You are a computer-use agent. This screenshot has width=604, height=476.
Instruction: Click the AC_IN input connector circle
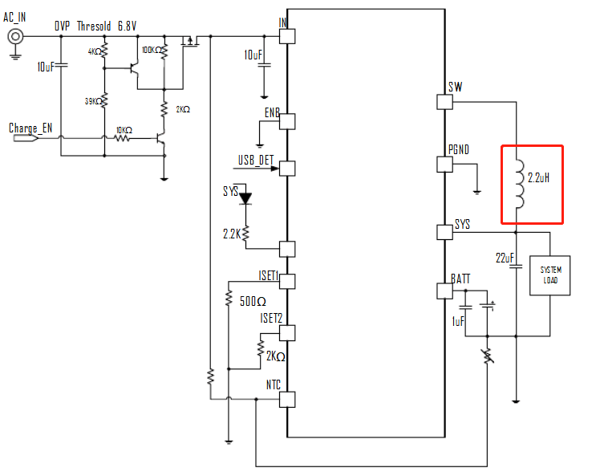[x=14, y=36]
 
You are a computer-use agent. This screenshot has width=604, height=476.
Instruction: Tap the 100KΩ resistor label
[x=152, y=50]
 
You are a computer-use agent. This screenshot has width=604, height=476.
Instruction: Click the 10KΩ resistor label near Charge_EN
[x=124, y=129]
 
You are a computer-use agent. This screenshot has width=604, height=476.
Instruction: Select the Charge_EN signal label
[x=30, y=128]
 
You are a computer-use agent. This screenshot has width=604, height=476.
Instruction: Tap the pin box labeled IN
[x=287, y=36]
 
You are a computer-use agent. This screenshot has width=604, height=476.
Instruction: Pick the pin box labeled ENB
[x=287, y=120]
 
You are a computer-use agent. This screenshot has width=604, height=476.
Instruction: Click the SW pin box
[x=444, y=102]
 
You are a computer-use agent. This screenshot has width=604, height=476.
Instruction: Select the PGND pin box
[x=444, y=165]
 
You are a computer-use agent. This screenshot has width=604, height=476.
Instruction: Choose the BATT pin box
[x=444, y=290]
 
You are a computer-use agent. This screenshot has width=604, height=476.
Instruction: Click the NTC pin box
[x=287, y=399]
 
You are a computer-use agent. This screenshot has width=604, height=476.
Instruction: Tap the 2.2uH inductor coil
[x=519, y=184]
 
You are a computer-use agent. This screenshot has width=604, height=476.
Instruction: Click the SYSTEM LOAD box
[x=550, y=275]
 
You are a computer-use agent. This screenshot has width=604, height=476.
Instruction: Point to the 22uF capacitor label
[x=505, y=258]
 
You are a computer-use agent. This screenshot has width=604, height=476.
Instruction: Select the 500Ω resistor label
[x=253, y=302]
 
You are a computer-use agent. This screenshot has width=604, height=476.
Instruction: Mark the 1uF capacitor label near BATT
[x=458, y=321]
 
